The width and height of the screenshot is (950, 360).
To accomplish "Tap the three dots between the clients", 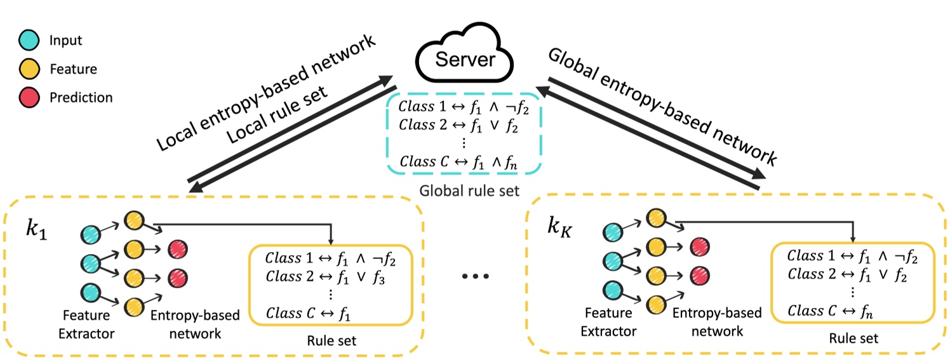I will (x=476, y=277).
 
